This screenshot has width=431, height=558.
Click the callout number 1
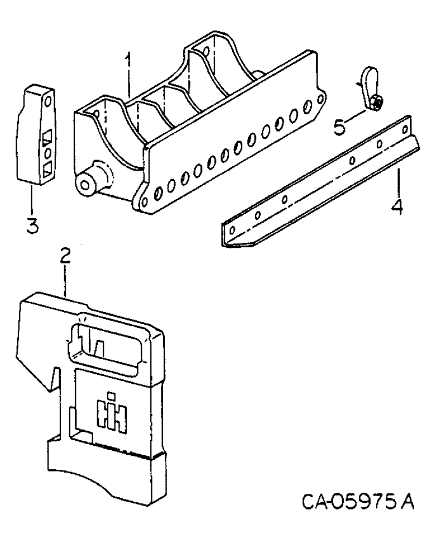click(129, 62)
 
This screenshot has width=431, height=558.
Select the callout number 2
click(65, 258)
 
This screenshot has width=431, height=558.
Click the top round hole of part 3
click(47, 102)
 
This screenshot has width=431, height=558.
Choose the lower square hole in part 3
click(46, 167)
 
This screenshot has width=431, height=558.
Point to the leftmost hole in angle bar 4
click(232, 229)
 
